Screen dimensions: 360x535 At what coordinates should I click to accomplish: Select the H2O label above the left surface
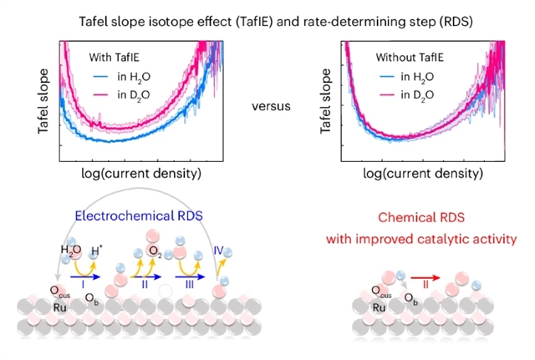tap(70, 249)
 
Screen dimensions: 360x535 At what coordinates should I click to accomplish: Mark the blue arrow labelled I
tap(83, 273)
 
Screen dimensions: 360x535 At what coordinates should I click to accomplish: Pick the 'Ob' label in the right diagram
tap(411, 300)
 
